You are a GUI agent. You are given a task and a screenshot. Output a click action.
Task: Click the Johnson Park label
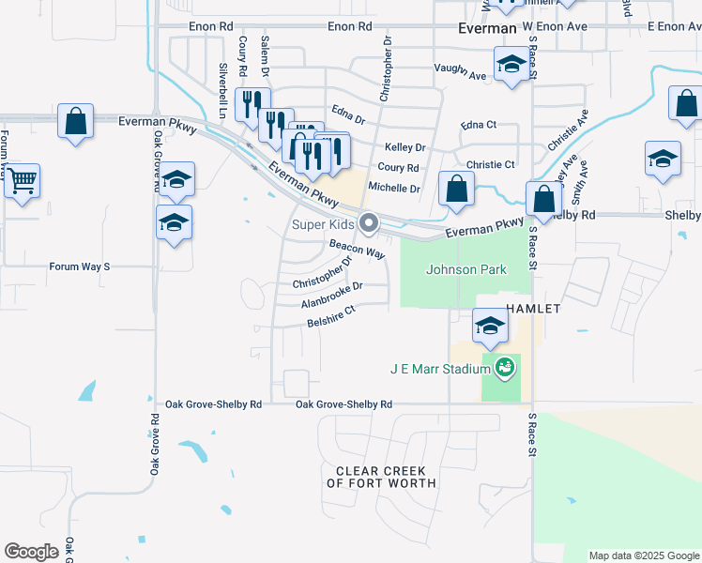(465, 269)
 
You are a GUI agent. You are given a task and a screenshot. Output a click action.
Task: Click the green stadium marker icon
(505, 367)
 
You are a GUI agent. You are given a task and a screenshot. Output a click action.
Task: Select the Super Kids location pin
(369, 223)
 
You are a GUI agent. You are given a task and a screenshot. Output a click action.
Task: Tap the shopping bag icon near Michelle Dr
(455, 189)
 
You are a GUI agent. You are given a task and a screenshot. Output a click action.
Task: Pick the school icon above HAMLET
(489, 326)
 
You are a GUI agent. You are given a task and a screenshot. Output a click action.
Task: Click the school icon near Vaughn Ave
(511, 65)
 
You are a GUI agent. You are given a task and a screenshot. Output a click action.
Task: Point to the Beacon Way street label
(357, 249)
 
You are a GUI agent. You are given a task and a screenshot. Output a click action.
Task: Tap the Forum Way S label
(80, 266)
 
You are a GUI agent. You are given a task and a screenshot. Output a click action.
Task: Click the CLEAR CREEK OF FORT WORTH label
(381, 477)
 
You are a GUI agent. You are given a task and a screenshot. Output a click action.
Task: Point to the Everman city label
(487, 29)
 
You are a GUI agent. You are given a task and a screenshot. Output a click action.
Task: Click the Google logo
(32, 551)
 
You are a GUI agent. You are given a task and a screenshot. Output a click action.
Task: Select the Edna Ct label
(478, 125)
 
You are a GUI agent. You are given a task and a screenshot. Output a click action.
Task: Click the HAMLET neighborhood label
(534, 308)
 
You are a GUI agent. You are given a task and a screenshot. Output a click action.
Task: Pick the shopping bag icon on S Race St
(543, 198)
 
